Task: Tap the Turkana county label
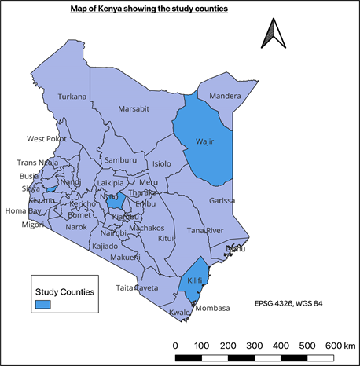coord(72,97)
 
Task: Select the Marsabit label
coord(134,109)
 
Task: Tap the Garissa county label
coord(222,200)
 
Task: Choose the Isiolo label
coord(161,163)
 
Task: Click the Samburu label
coord(120,159)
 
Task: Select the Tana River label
coord(206,230)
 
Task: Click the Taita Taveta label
coord(137,288)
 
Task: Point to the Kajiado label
coord(105,246)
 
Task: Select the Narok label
coord(76,227)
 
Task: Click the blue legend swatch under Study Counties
coord(43,305)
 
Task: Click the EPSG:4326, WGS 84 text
coord(288,302)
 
